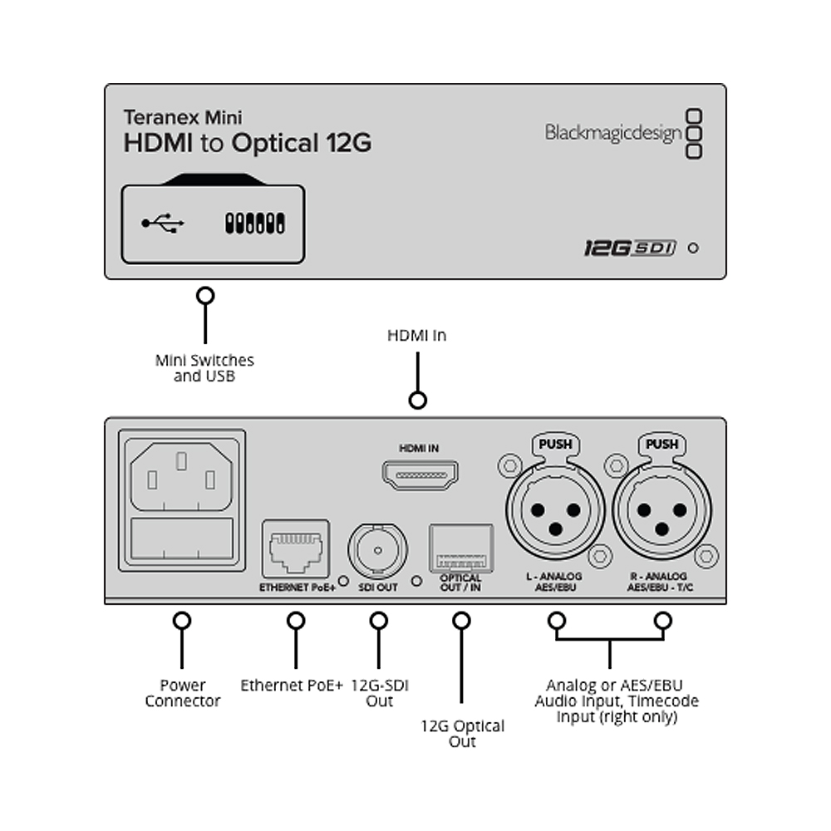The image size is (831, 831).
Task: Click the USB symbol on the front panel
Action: point(163,223)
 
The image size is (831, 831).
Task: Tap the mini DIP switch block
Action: point(255,223)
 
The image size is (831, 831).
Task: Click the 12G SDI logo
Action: point(630,248)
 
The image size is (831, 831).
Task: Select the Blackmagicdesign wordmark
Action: point(613,132)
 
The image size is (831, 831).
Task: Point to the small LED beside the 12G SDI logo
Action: point(693,248)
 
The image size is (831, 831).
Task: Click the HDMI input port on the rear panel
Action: point(420,475)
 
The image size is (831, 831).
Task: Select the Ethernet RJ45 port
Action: point(296,549)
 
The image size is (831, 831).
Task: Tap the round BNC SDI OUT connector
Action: point(378,551)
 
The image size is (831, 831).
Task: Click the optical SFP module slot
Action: point(461,548)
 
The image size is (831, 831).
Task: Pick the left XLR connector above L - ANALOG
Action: point(555,510)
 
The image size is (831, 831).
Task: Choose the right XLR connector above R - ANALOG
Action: point(662,510)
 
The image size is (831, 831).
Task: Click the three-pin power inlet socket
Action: point(181,476)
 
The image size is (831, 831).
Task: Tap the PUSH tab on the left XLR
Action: point(555,444)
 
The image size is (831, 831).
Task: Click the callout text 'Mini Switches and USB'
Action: point(204,368)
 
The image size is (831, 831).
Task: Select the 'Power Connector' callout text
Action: point(182,693)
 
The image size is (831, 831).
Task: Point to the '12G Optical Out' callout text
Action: point(462,734)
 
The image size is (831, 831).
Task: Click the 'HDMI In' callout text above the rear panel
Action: point(417,336)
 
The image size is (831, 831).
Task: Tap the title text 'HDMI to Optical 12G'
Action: point(248,143)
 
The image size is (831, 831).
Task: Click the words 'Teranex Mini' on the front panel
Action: point(183,117)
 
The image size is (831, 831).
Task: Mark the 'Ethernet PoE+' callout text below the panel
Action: point(292,686)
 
